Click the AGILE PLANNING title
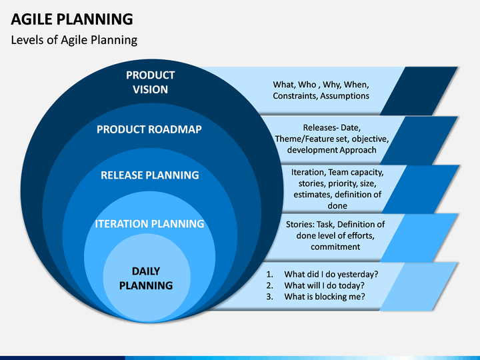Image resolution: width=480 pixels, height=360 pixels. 72,19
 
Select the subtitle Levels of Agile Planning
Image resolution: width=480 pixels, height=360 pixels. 74,40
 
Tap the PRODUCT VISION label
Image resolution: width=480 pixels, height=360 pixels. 150,82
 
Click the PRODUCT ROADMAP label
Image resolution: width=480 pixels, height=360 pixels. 149,129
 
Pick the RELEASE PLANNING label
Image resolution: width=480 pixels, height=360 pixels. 150,175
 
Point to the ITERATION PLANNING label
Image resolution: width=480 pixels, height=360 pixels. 149,224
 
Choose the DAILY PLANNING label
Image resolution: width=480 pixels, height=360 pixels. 146,278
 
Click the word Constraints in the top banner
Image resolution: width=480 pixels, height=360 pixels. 295,96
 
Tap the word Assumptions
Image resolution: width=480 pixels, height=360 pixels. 345,96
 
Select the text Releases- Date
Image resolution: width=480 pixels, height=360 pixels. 331,127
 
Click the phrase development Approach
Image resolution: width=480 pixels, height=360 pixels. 331,150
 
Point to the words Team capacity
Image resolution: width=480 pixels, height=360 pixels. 356,173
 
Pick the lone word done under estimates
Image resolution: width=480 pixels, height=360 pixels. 337,206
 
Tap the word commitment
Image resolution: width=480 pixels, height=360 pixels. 335,247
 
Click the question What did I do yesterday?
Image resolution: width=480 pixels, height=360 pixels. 331,274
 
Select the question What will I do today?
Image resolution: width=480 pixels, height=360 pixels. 324,285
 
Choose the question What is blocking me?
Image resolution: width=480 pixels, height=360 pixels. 325,297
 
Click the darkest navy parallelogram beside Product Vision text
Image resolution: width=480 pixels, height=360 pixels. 419,91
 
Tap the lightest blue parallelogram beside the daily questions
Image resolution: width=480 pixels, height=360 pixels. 419,287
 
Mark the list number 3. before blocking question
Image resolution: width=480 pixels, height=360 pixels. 269,297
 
